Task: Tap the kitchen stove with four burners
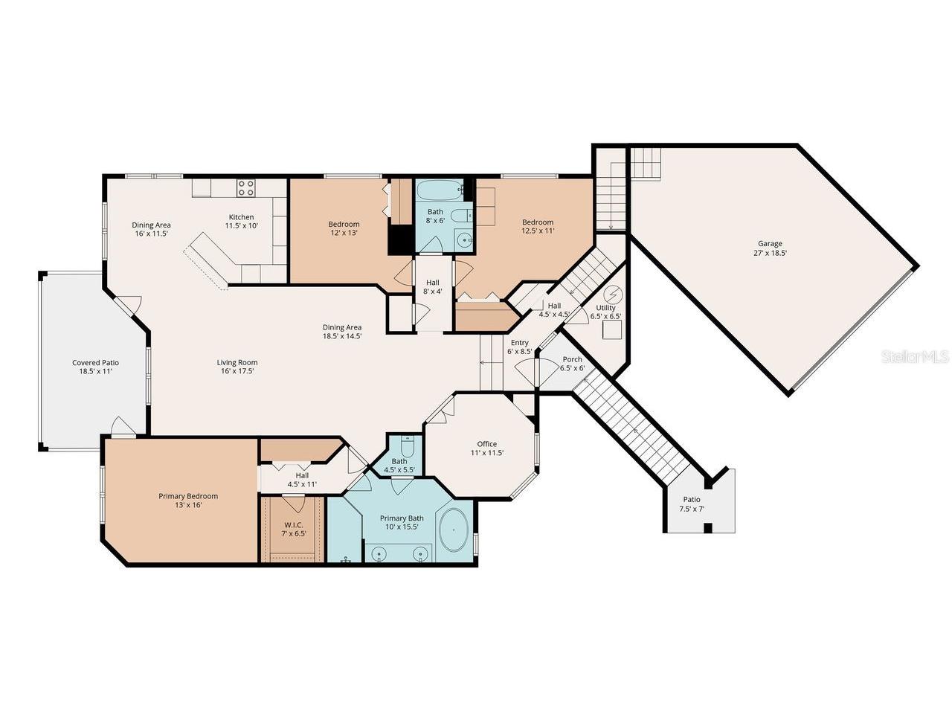pyautogui.click(x=246, y=188)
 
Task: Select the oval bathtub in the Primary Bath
pyautogui.click(x=453, y=530)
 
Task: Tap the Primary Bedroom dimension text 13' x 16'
pyautogui.click(x=188, y=504)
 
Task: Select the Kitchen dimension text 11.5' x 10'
pyautogui.click(x=241, y=225)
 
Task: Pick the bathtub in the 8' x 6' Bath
pyautogui.click(x=439, y=190)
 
